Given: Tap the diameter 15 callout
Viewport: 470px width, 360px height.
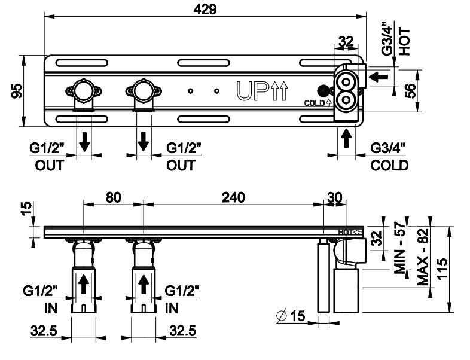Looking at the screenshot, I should point(292,315).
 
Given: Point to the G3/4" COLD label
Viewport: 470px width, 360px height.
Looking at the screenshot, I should point(389,157).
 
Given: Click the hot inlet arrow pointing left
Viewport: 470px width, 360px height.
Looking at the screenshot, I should point(379,77).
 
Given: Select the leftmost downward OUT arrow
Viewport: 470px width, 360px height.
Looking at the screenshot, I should point(85,141).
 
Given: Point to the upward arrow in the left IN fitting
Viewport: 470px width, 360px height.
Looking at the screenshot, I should point(84,283).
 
